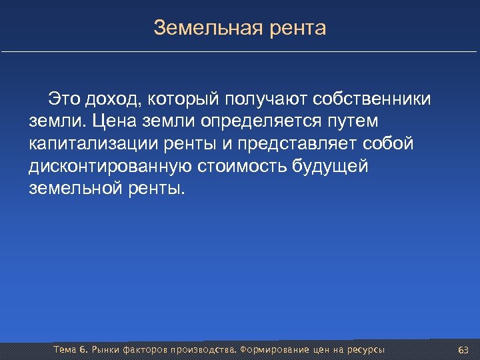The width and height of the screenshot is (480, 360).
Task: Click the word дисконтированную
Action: [113, 166]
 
